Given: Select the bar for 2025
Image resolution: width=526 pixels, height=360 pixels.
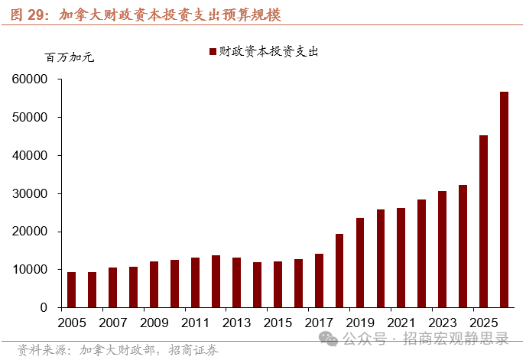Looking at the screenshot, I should click(484, 222).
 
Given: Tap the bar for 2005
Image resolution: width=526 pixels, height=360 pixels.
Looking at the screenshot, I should click(72, 290).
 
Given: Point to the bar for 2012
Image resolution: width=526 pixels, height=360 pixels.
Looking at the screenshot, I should click(216, 281).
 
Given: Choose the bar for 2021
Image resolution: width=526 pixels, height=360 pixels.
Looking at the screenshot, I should click(401, 258).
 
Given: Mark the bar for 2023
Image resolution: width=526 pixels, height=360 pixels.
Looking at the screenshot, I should click(443, 249).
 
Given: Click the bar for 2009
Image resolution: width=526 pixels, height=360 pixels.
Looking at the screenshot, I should click(154, 284).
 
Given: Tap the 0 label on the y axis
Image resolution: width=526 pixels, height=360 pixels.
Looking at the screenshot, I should click(44, 307).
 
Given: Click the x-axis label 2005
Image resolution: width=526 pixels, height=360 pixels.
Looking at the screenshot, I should click(72, 323).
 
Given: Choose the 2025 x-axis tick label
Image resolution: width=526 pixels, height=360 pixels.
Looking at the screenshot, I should click(484, 323).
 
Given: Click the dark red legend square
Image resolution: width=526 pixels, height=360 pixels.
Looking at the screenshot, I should click(212, 52).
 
